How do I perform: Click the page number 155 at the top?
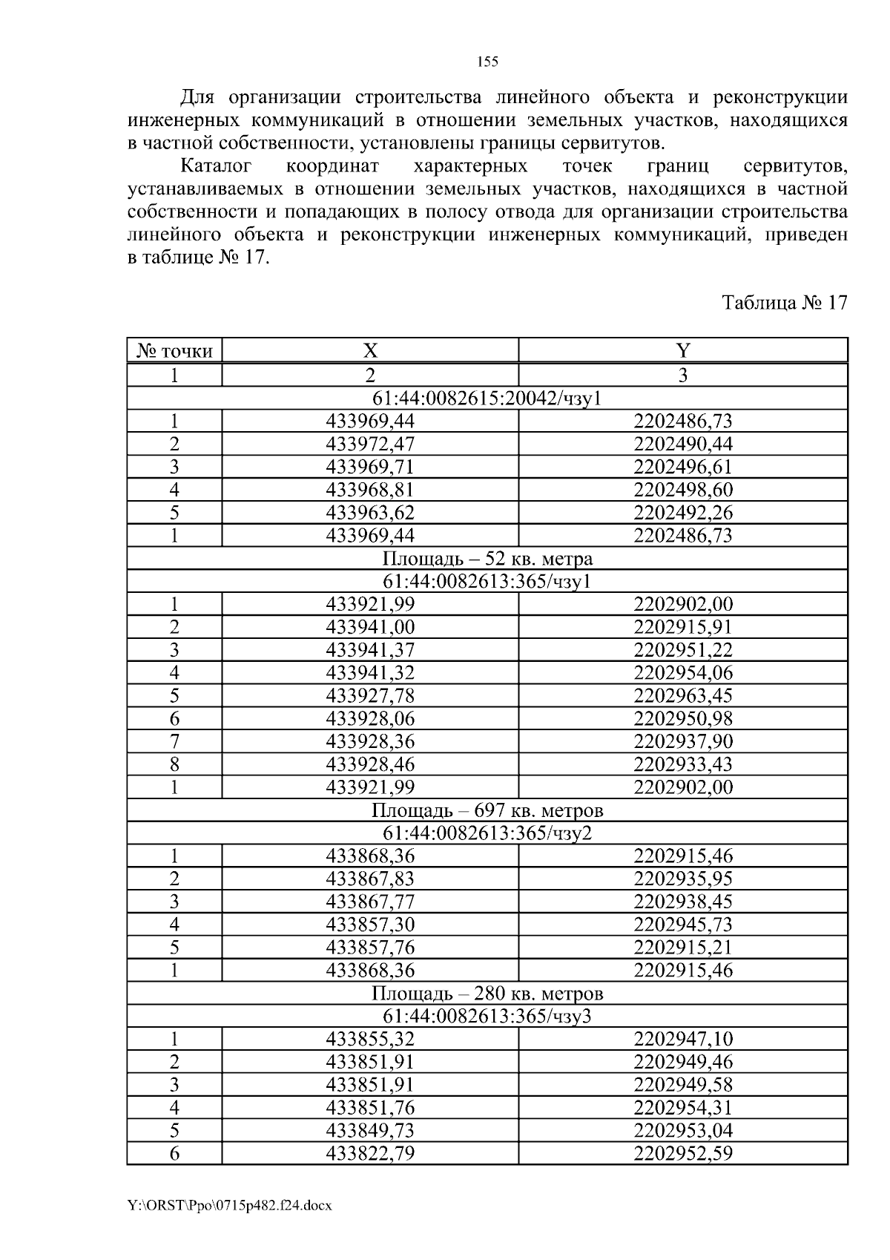click(x=487, y=62)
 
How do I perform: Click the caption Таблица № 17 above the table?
click(x=784, y=303)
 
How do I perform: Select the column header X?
click(x=369, y=351)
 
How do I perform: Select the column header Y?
click(x=682, y=351)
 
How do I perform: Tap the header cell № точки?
click(x=175, y=351)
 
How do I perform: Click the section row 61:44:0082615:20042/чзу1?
click(x=487, y=398)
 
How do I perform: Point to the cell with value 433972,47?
click(x=369, y=444)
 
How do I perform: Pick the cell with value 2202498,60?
click(x=682, y=490)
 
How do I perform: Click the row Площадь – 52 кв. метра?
click(x=487, y=558)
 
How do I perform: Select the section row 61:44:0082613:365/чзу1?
click(x=487, y=581)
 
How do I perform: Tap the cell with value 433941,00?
click(x=369, y=627)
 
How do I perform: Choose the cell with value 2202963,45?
click(x=682, y=696)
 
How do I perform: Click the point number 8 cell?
click(x=175, y=764)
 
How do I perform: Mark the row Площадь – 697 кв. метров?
click(x=487, y=810)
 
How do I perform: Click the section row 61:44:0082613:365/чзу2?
click(x=487, y=833)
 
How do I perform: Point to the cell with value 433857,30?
click(x=369, y=925)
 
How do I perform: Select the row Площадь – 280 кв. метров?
click(x=487, y=993)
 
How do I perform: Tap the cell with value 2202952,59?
click(x=682, y=1153)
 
